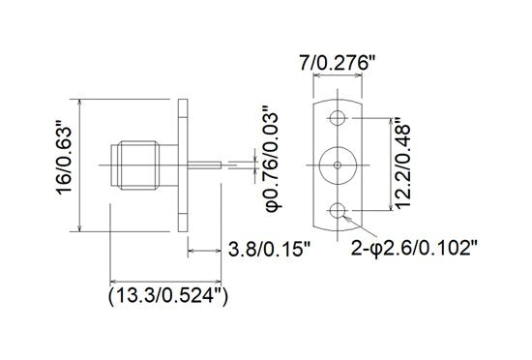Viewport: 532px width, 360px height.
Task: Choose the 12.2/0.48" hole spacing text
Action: coord(407,165)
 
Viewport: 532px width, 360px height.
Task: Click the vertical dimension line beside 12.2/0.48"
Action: coord(390,165)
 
